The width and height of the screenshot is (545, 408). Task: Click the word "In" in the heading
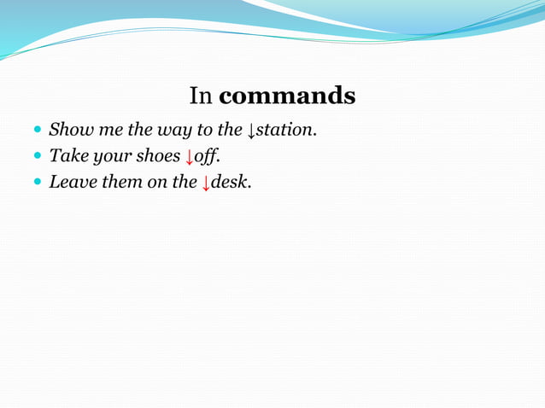tap(201, 96)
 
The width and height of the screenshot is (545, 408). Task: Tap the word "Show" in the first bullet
tap(68, 131)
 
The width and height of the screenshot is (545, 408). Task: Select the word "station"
tap(284, 131)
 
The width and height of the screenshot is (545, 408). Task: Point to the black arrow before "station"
tap(251, 131)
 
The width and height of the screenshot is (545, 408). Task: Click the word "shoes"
tap(156, 156)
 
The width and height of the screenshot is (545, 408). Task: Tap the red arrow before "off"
tap(190, 157)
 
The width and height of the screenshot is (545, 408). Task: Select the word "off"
tap(205, 156)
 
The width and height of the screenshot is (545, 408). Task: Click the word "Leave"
tap(71, 181)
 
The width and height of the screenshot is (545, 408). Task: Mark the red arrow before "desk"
tap(205, 182)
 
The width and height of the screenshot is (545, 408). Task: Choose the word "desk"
tap(228, 181)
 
